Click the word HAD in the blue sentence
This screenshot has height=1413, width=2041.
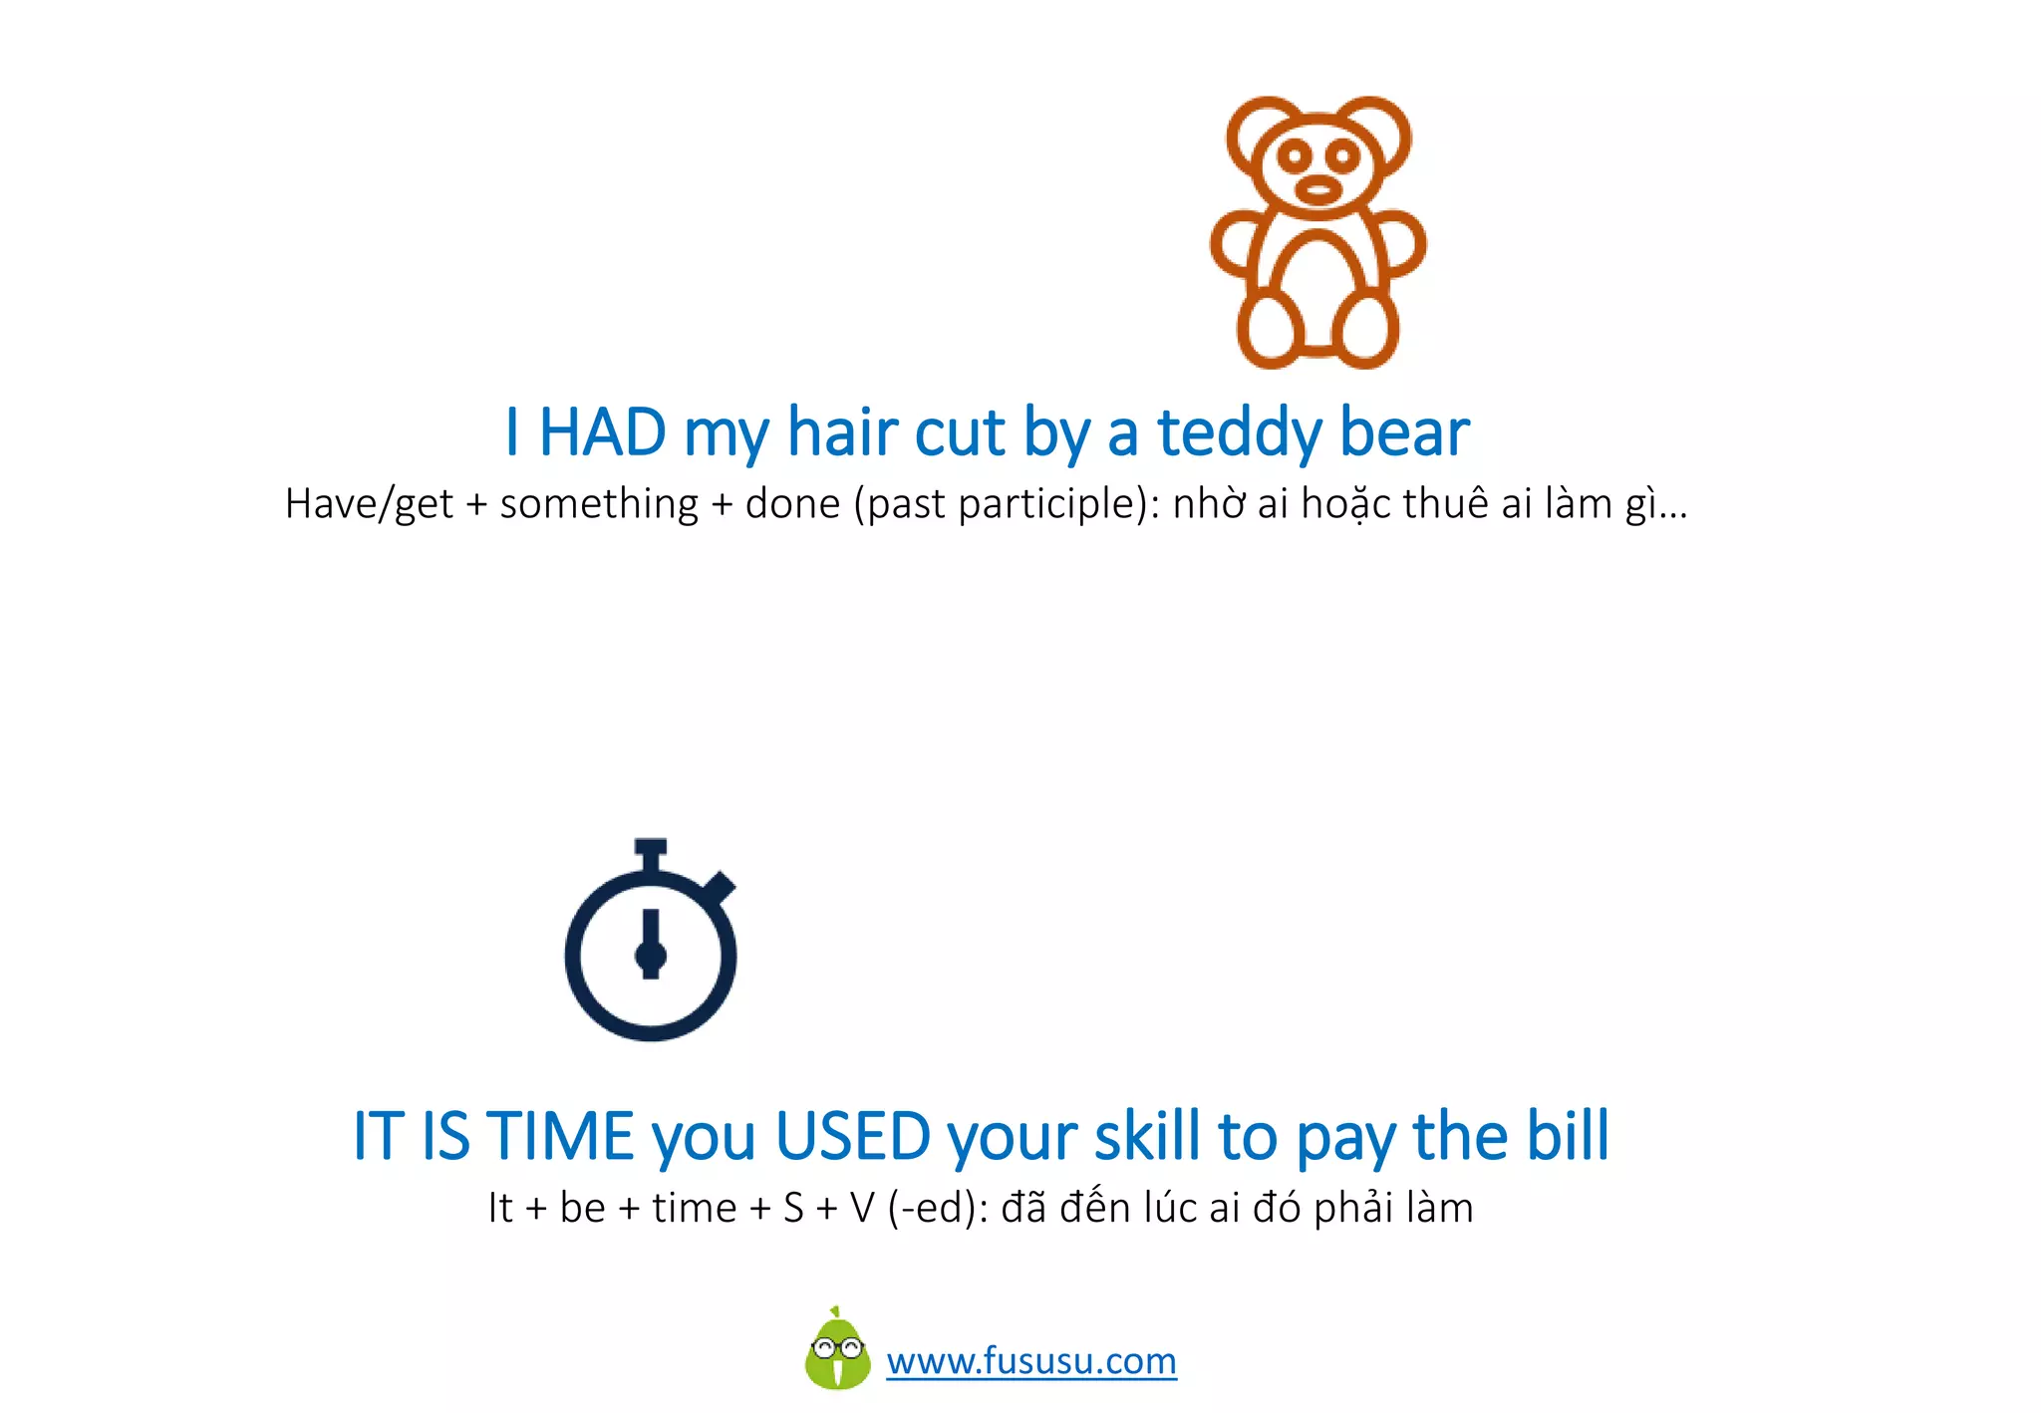602,432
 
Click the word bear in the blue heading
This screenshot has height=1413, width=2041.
1403,432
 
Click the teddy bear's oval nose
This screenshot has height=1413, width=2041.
1317,189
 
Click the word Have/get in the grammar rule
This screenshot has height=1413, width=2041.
369,504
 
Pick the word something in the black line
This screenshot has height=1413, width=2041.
599,504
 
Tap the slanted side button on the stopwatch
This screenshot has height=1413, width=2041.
720,886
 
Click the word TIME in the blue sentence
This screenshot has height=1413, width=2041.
560,1136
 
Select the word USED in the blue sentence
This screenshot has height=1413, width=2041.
853,1136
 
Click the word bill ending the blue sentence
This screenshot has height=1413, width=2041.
1567,1136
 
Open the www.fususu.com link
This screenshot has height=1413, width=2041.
1031,1361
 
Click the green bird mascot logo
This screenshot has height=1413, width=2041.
837,1351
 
